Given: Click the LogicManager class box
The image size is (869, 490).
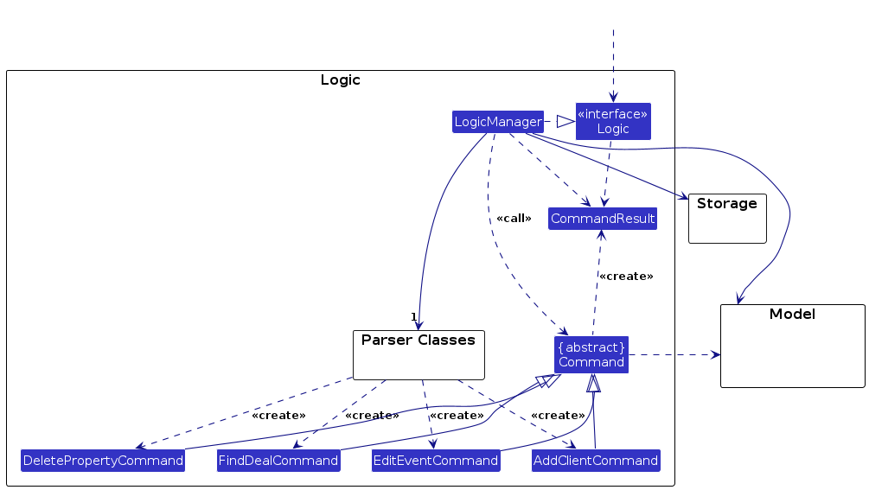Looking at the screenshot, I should (x=498, y=122).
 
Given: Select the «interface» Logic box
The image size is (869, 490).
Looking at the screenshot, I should (x=613, y=122).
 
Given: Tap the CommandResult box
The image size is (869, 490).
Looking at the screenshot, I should (x=603, y=219).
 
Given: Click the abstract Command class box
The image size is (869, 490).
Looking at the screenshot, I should (x=591, y=354).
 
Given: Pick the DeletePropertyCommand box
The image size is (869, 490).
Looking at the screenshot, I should (x=103, y=461).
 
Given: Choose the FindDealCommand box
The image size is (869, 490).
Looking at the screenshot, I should (x=278, y=461).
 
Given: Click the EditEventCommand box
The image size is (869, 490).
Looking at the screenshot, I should (x=436, y=461).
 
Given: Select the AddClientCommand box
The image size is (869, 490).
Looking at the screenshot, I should (x=597, y=461).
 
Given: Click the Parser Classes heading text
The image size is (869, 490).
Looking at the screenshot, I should (x=419, y=340).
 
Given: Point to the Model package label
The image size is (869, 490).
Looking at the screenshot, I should (x=792, y=315).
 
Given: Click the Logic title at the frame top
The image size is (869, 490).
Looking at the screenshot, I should (x=340, y=80).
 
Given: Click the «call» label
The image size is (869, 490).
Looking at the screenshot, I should (x=514, y=219).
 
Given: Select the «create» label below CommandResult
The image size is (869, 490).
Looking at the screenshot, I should (x=626, y=277).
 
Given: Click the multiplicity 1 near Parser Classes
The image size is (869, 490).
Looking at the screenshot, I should (x=414, y=316).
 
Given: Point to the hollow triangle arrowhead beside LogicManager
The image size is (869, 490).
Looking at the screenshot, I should (x=565, y=122).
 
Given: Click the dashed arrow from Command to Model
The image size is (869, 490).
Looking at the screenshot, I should (x=674, y=354).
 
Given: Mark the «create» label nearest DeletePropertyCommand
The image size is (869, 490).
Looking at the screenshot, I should (x=278, y=416).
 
